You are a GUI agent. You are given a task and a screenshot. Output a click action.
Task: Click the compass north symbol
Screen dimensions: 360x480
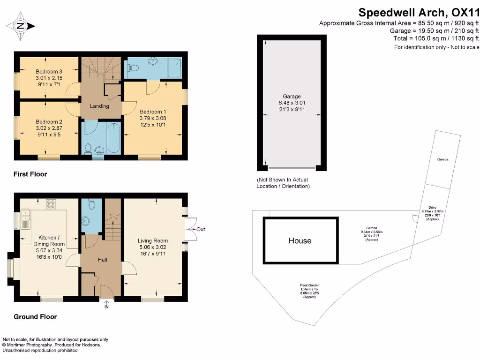20,26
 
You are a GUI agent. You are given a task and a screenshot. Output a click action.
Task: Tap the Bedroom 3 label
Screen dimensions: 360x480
49,71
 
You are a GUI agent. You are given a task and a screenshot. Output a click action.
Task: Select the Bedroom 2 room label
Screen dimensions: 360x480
49,122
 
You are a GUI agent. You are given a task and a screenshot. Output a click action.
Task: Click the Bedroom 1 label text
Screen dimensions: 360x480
153,112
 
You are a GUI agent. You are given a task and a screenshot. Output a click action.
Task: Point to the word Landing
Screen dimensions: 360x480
99,106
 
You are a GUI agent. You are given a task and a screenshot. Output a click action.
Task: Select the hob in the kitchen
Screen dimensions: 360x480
50,204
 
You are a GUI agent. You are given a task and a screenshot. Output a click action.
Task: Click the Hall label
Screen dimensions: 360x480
103,259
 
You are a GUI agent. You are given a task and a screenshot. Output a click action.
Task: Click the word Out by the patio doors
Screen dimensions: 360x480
201,229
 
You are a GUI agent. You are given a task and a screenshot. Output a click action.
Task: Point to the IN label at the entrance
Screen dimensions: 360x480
106,307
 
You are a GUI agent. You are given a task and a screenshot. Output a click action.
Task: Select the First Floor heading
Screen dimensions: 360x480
30,174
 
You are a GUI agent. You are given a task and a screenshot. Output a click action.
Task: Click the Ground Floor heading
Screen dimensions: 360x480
35,317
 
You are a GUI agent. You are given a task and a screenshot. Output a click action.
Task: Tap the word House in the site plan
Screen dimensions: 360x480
300,240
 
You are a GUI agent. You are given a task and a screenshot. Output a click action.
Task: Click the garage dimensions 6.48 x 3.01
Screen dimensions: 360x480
292,103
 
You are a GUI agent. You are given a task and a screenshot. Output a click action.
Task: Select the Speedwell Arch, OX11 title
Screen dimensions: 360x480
419,12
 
